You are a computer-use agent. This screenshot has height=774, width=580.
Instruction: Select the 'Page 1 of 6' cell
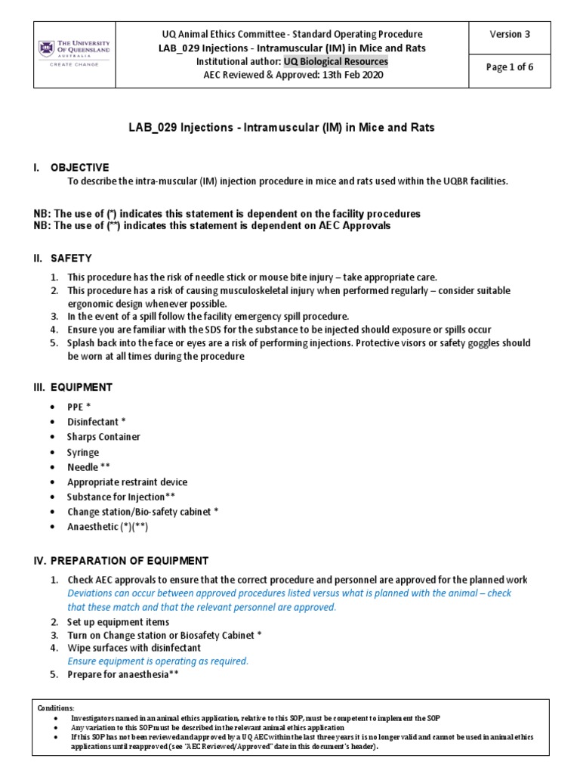coord(511,67)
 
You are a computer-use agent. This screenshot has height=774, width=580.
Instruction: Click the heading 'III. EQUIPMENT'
coord(72,387)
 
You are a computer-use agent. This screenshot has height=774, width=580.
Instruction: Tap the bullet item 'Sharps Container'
coord(103,437)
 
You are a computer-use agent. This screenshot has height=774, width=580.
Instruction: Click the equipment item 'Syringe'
coord(83,452)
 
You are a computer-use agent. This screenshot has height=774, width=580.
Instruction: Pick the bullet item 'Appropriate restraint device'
coord(127,482)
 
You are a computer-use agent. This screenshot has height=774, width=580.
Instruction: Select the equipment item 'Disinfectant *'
coord(97,422)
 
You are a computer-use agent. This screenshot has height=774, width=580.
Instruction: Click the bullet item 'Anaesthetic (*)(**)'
coord(108,528)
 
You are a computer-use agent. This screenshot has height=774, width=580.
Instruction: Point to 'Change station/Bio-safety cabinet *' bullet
coord(143,512)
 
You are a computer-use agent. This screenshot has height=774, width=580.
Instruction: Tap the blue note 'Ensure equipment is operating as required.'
coord(158,661)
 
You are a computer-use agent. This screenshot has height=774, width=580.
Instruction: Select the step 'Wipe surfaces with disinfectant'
coord(134,648)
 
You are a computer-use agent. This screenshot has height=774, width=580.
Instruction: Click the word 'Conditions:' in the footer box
coord(56,707)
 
